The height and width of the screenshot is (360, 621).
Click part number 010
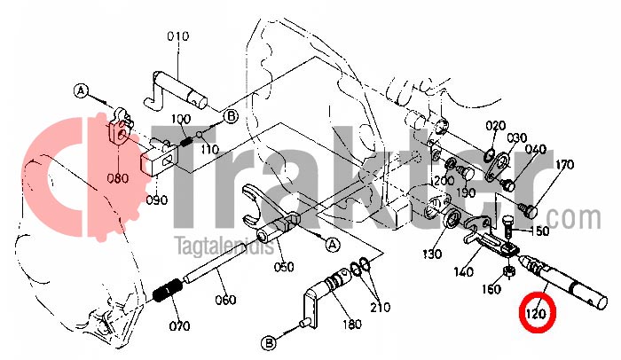[178, 36]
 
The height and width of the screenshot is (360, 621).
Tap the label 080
[118, 177]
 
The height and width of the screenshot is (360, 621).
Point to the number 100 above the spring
[181, 119]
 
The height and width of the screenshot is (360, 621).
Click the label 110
[209, 150]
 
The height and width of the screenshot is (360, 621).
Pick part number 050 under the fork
[283, 267]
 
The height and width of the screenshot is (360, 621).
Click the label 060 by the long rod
[225, 300]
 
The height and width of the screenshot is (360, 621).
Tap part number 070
[179, 325]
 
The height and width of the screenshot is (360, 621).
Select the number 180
[351, 325]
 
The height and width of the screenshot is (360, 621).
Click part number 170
[565, 165]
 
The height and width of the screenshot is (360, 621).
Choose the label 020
[495, 125]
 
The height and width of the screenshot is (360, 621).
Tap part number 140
[463, 273]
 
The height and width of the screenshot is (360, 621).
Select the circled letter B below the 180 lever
[268, 342]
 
